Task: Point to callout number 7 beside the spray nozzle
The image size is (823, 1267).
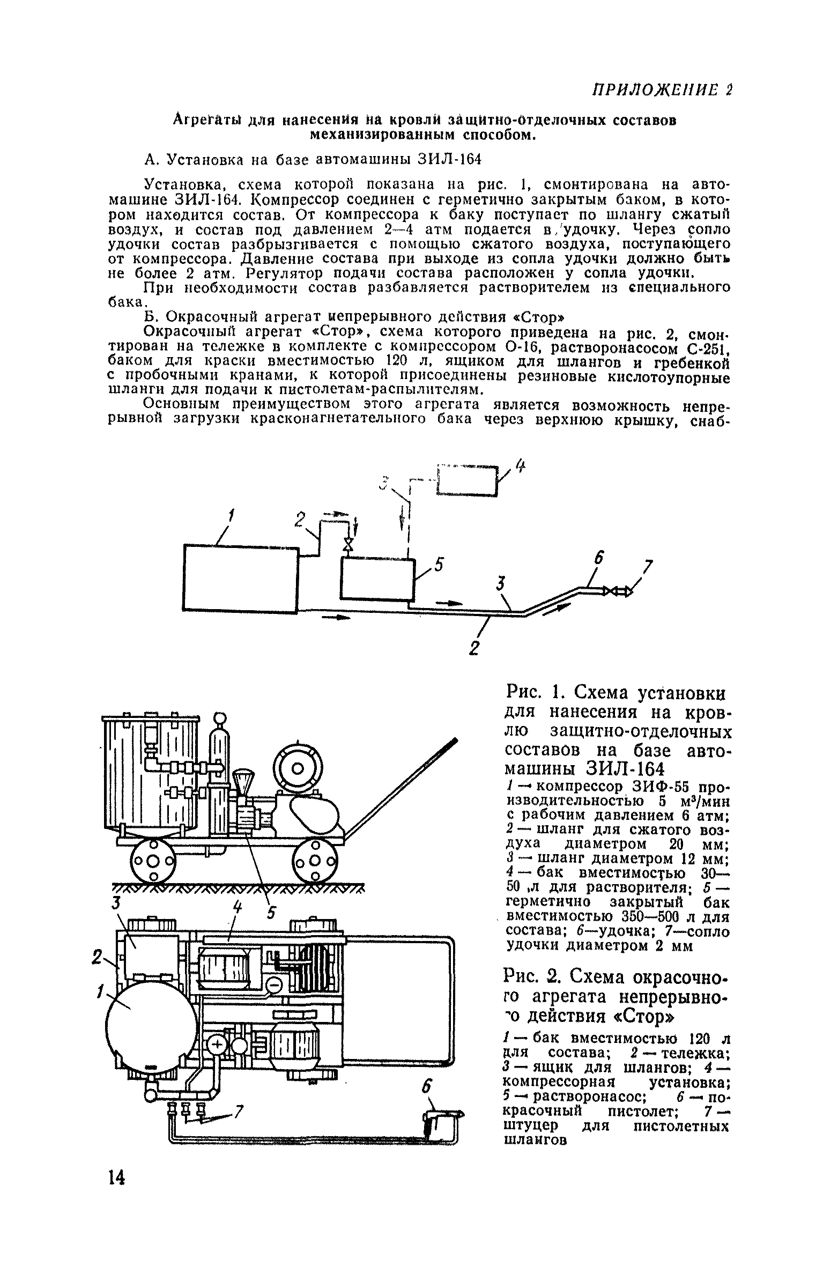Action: pos(649,567)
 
